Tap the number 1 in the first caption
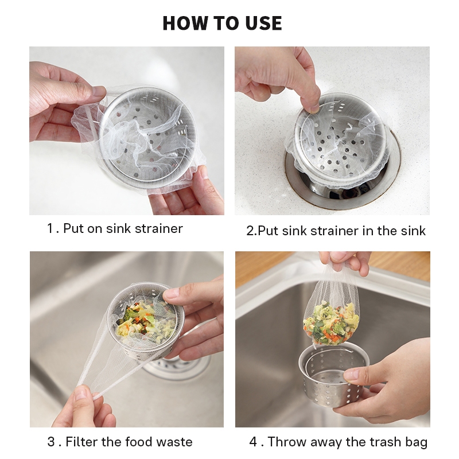50,228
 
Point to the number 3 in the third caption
51,442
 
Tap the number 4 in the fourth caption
254,442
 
